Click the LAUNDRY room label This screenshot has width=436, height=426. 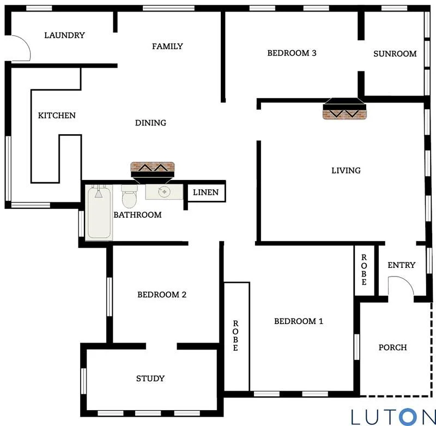click(64, 35)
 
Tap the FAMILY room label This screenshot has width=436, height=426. click(167, 46)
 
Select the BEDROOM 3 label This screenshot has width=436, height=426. click(292, 53)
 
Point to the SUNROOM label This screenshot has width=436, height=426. click(395, 54)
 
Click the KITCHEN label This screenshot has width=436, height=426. click(57, 116)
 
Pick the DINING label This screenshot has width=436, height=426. click(150, 123)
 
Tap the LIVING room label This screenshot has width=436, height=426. click(346, 171)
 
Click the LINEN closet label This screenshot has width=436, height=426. click(205, 192)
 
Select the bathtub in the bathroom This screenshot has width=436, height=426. click(99, 212)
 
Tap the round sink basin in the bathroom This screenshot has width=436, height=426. click(163, 192)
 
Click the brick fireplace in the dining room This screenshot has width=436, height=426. click(152, 170)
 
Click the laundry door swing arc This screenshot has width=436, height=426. click(21, 48)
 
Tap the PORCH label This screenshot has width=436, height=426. click(392, 347)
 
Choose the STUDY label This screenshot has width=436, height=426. click(150, 379)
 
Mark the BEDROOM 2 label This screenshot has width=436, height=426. click(162, 295)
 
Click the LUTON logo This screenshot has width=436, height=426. click(393, 416)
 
